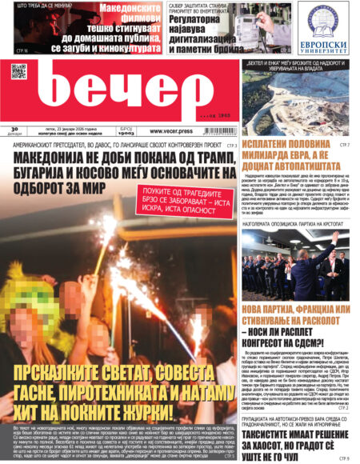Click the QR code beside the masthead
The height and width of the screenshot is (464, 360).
point(18,71)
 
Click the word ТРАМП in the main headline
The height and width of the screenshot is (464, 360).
point(212,156)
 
